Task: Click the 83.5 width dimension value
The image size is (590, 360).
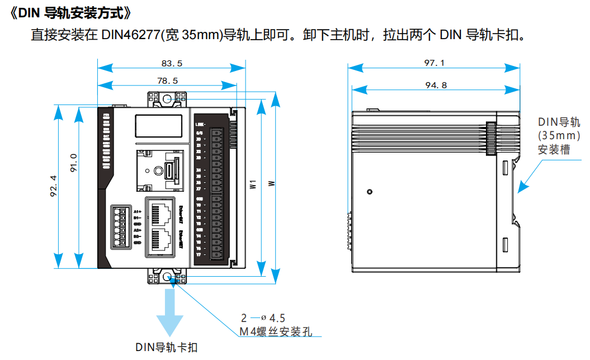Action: (171, 64)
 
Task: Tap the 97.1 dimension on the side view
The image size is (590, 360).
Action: (434, 63)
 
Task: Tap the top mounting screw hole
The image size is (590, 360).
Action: (167, 98)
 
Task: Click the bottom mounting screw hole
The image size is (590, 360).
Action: (167, 276)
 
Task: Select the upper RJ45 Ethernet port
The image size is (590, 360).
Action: (162, 212)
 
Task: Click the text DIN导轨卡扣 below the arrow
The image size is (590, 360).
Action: (166, 347)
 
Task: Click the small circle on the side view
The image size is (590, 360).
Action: (369, 192)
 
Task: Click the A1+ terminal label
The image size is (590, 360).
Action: (137, 211)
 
